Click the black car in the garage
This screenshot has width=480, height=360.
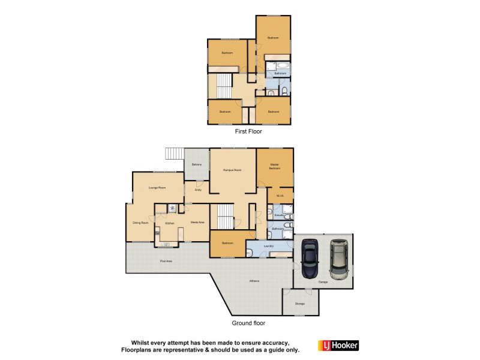pyautogui.click(x=310, y=260)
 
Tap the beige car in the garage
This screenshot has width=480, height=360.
pyautogui.click(x=340, y=259)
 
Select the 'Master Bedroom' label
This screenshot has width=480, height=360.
pyautogui.click(x=275, y=166)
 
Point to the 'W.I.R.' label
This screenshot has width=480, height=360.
pyautogui.click(x=280, y=196)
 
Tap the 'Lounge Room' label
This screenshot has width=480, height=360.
pyautogui.click(x=157, y=188)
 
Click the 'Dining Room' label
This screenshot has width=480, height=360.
pyautogui.click(x=140, y=223)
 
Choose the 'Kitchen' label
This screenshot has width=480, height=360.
pyautogui.click(x=170, y=223)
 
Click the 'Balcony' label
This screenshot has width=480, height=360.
pyautogui.click(x=196, y=164)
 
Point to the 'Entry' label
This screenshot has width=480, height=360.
pyautogui.click(x=198, y=190)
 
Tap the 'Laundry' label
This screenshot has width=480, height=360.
pyautogui.click(x=269, y=246)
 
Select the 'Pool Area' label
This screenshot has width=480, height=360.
pyautogui.click(x=166, y=262)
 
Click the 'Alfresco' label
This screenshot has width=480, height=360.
pyautogui.click(x=254, y=281)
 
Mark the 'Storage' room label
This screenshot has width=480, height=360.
pyautogui.click(x=300, y=304)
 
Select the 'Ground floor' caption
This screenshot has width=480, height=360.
pyautogui.click(x=248, y=323)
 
